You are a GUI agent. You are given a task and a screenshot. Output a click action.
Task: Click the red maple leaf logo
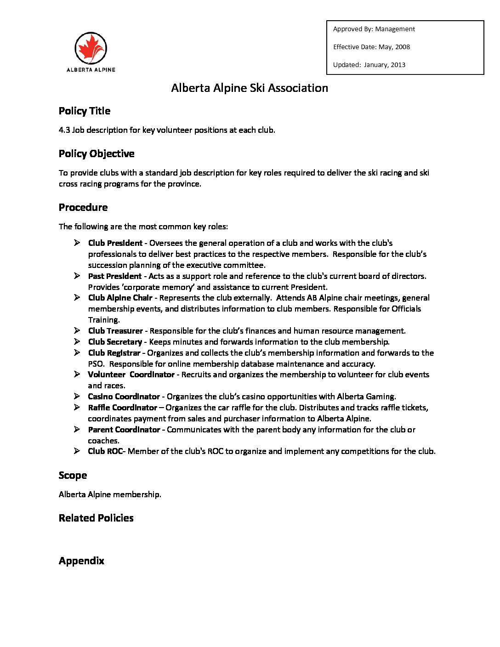coord(91,48)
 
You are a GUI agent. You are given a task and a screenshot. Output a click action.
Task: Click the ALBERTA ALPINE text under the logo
coord(91,70)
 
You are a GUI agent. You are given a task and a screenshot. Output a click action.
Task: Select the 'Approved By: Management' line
coord(374,29)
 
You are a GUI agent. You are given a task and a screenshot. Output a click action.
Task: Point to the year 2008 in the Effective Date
coord(402,47)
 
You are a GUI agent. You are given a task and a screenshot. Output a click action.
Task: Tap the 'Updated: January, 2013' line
coord(369,65)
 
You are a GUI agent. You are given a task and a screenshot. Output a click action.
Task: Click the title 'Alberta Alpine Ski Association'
coord(250,88)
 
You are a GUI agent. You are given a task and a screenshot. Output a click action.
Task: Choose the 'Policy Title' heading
coord(85,111)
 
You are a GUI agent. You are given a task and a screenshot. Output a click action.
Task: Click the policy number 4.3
coord(64,130)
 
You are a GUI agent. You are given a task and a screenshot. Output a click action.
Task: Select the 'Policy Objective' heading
coord(97,153)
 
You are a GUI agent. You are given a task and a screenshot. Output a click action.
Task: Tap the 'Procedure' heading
coord(83,207)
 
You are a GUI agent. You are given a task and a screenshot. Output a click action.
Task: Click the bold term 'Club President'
coord(115,243)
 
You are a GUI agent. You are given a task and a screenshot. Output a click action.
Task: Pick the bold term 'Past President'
coord(115,276)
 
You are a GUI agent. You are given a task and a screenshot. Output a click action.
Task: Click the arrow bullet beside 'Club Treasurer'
coord(77,330)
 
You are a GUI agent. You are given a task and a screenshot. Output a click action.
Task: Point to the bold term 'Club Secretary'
coord(115,342)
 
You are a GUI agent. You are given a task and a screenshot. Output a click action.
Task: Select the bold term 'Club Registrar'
coord(114,353)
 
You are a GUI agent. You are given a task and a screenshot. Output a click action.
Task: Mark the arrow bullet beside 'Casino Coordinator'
coord(77,396)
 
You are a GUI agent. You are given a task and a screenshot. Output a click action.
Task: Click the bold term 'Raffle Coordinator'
coord(123,408)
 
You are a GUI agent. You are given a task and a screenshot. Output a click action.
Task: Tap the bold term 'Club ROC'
coord(105,451)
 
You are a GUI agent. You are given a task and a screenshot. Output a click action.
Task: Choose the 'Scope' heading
coord(73,475)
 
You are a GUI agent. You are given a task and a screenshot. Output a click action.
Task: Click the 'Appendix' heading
coord(81,561)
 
